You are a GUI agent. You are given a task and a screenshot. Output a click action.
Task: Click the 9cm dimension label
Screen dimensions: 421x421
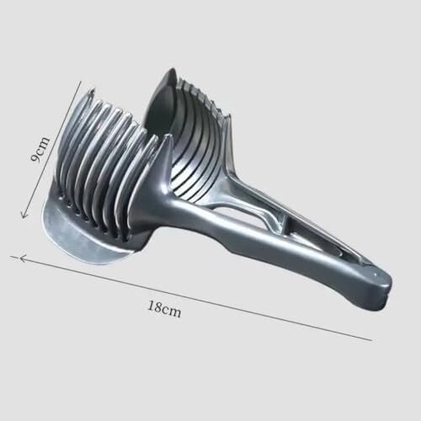pyautogui.click(x=40, y=149)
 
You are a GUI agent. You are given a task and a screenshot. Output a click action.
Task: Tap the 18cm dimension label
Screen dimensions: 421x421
pyautogui.click(x=164, y=309)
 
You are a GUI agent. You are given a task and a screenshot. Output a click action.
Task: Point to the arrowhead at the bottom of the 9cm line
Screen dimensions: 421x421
pyautogui.click(x=24, y=215)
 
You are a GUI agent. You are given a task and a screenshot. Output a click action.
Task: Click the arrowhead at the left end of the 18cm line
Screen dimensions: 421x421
pyautogui.click(x=23, y=258)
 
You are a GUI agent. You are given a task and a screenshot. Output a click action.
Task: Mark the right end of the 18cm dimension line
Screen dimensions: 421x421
pyautogui.click(x=372, y=340)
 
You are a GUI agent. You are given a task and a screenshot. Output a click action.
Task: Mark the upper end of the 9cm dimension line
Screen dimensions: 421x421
pyautogui.click(x=81, y=82)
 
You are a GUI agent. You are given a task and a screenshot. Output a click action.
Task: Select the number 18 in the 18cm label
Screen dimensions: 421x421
pyautogui.click(x=154, y=306)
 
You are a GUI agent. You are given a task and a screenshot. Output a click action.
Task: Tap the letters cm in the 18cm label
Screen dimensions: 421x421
pyautogui.click(x=171, y=312)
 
